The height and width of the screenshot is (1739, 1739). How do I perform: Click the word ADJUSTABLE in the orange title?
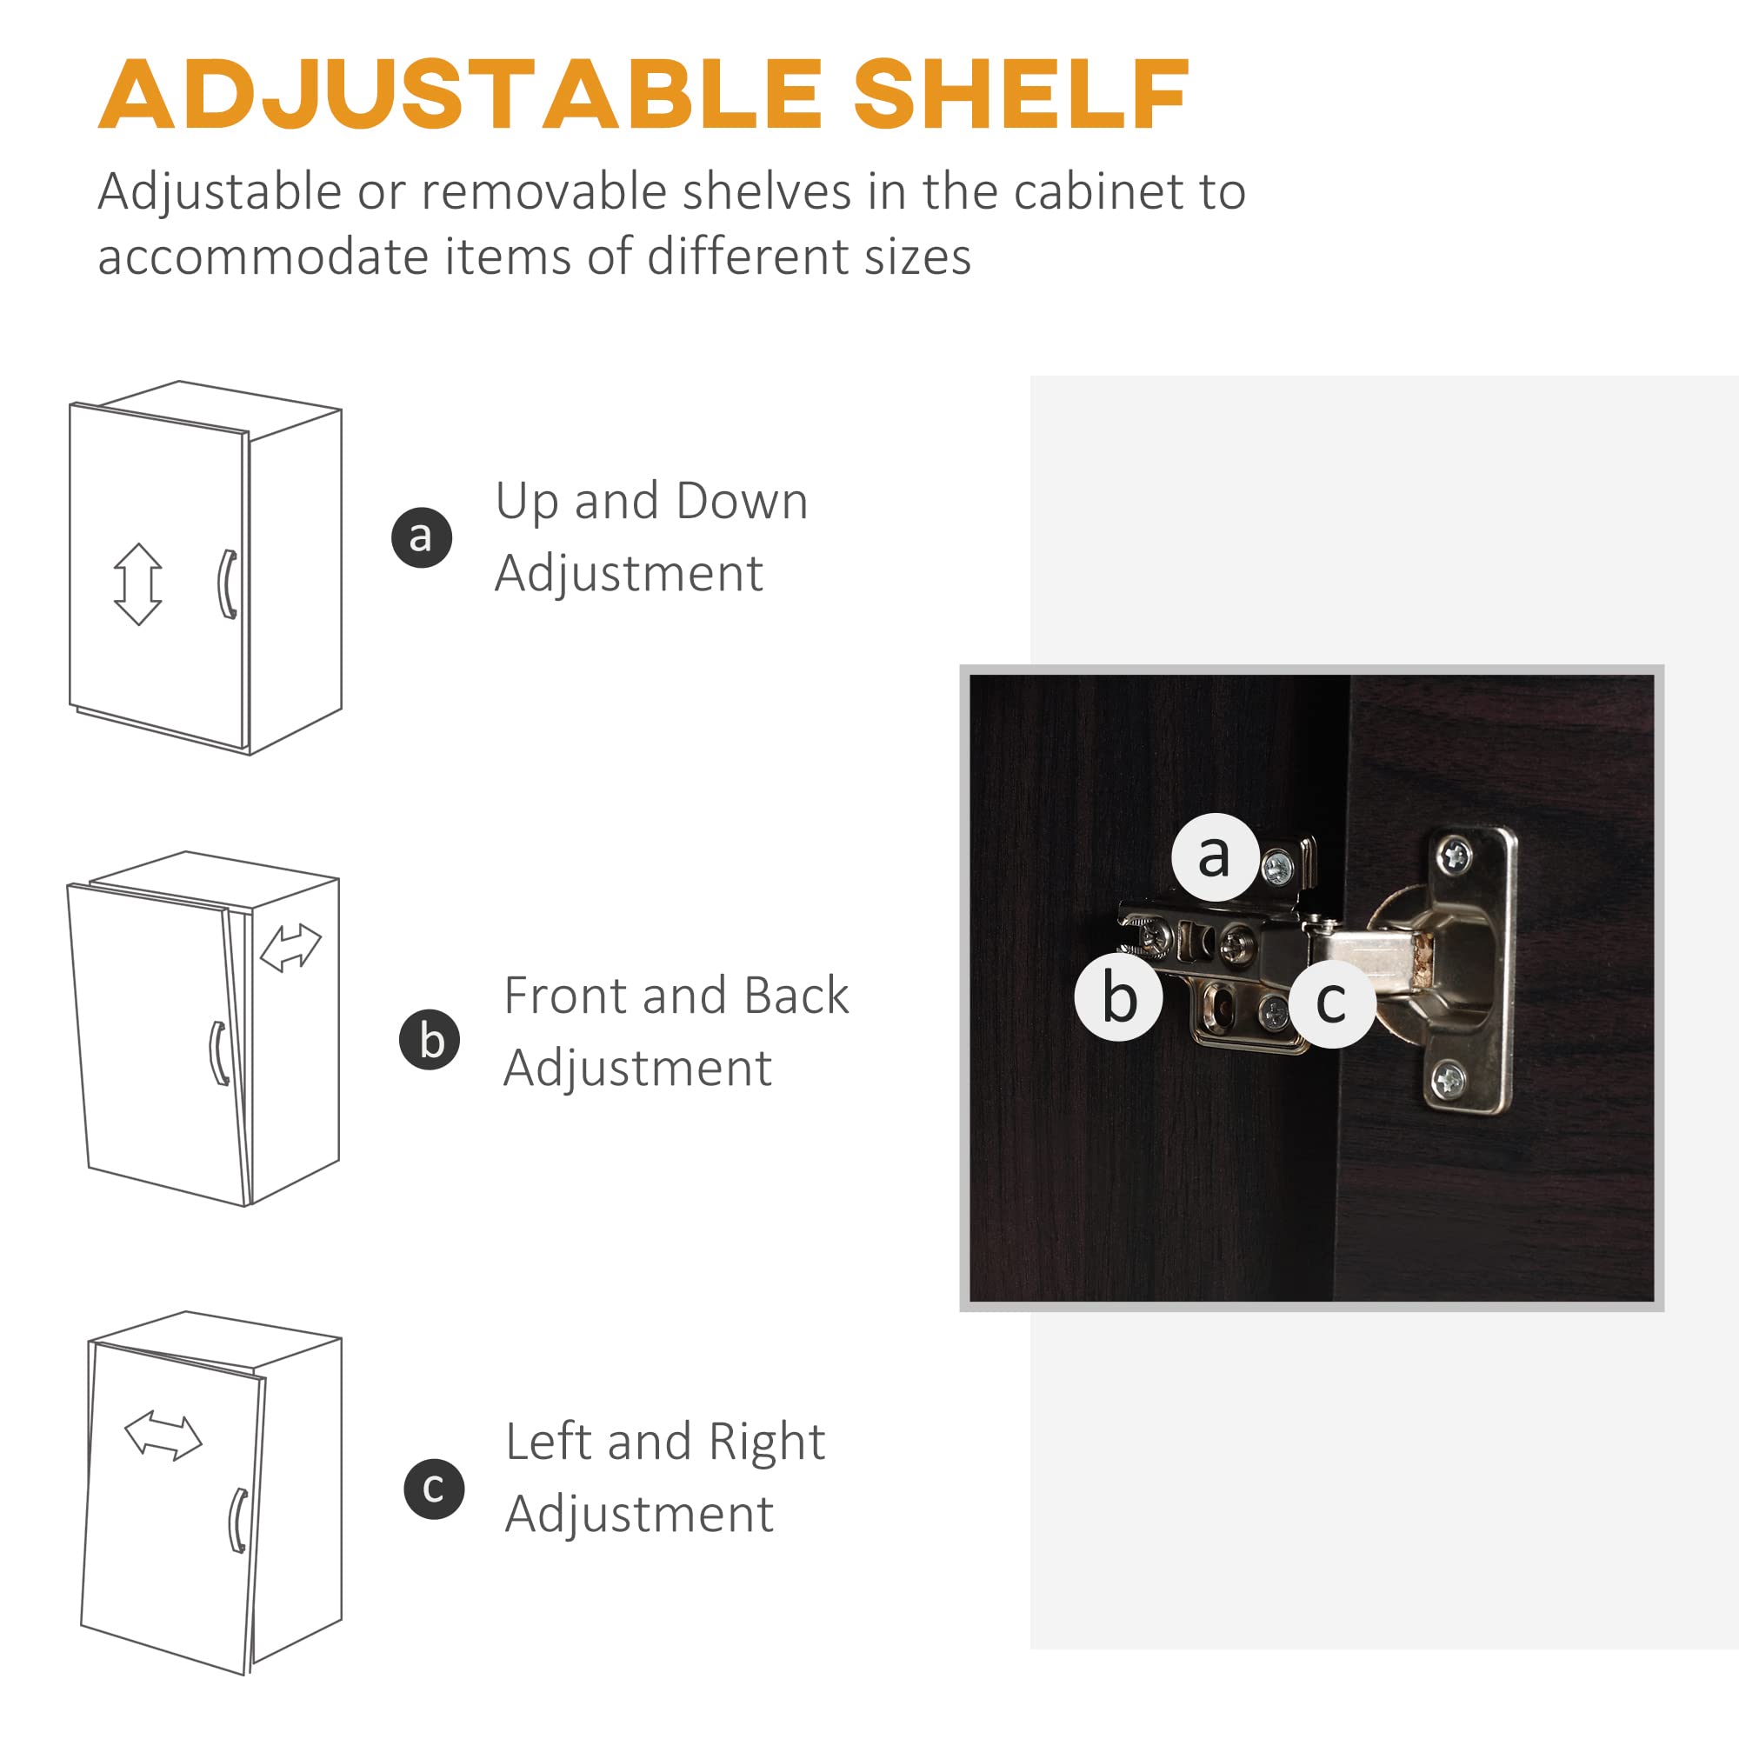460,95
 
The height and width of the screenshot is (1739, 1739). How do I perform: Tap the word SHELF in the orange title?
1021,95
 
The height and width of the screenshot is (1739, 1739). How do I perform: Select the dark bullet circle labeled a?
421,537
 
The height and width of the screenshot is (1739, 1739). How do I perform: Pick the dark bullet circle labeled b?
430,1040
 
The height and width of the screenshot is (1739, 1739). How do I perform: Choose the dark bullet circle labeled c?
434,1489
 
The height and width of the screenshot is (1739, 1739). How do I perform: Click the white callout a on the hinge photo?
1216,857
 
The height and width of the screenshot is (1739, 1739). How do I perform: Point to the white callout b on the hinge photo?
1119,998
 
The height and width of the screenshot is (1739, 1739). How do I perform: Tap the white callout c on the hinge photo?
1331,1003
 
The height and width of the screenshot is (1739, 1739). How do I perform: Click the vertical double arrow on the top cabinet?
137,584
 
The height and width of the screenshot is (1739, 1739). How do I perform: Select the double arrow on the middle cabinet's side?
290,948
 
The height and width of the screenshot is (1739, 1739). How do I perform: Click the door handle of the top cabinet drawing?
228,584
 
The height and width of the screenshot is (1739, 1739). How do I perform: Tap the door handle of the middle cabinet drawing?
218,1053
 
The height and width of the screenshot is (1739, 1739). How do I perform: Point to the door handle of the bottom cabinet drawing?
238,1521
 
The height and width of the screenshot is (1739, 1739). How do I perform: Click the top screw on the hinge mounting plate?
1455,856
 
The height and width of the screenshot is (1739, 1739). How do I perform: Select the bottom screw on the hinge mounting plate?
1449,1078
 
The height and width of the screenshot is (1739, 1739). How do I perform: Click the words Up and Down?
651,503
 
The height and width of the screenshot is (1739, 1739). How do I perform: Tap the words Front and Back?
676,996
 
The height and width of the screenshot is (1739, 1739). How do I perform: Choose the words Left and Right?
665,1442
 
